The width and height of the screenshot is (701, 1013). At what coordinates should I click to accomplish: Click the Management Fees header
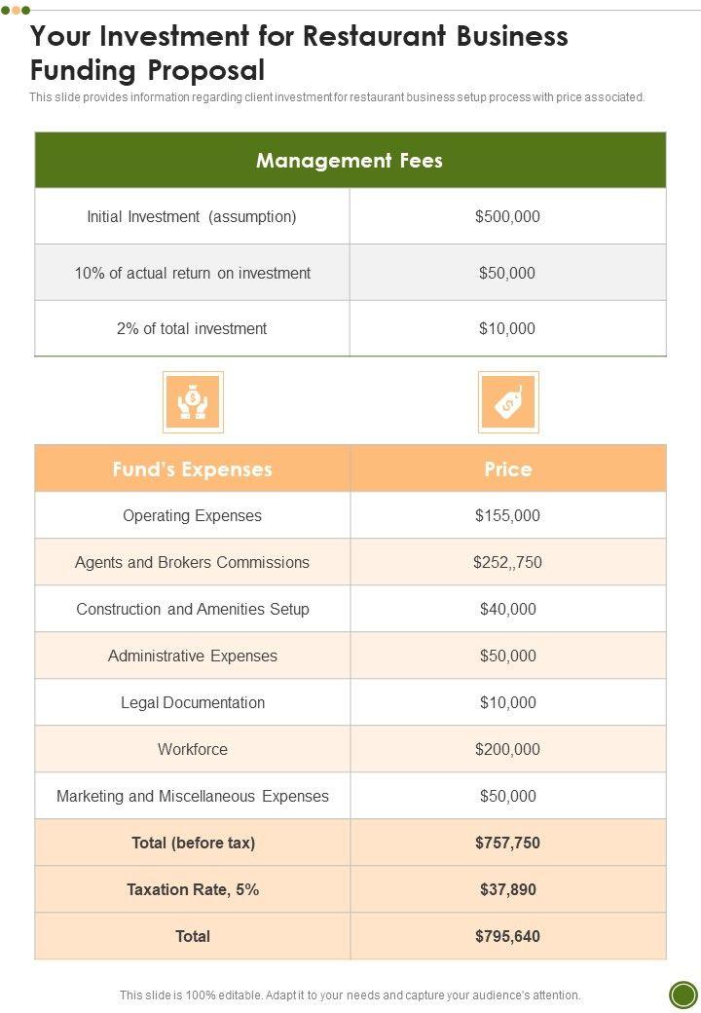click(350, 161)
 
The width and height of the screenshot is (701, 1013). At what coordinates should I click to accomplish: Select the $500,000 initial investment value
click(507, 216)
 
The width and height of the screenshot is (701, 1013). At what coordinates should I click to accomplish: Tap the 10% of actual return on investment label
click(192, 273)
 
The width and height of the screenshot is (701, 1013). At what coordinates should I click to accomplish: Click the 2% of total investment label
click(192, 328)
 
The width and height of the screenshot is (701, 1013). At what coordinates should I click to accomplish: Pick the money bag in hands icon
click(193, 401)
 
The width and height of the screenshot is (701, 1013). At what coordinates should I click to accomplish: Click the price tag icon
click(508, 401)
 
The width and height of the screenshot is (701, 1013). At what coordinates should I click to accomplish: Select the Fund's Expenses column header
click(192, 469)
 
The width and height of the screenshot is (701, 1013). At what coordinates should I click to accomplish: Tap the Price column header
click(508, 469)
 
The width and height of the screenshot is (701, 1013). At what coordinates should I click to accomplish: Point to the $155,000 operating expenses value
click(507, 515)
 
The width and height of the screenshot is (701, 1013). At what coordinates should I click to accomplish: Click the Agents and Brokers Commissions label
click(192, 562)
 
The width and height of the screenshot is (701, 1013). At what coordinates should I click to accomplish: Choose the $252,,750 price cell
click(507, 562)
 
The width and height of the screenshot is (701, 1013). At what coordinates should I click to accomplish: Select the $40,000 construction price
click(507, 609)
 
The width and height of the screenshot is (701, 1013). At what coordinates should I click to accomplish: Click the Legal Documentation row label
click(193, 702)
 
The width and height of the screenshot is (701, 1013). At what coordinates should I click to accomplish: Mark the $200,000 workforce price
click(507, 749)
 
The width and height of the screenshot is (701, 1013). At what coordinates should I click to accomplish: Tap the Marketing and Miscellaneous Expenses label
click(193, 796)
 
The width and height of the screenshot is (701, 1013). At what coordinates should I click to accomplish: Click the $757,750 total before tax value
click(507, 843)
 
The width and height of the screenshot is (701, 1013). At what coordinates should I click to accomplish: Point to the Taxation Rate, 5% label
click(193, 889)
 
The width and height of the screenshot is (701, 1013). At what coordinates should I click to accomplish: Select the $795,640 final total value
click(507, 936)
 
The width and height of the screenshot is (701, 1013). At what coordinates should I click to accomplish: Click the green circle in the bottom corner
click(683, 994)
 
